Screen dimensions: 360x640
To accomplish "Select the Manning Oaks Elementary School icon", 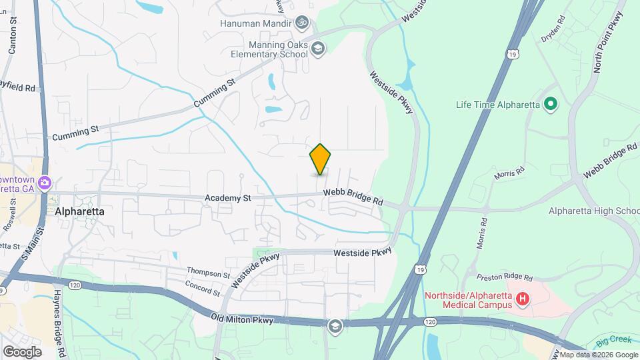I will [x=319, y=48].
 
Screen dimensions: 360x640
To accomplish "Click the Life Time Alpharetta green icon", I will [x=551, y=104].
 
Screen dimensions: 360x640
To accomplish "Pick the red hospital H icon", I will [x=523, y=301].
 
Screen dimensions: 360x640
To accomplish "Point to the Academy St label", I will [x=228, y=198].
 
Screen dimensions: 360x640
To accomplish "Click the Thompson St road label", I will [x=208, y=272].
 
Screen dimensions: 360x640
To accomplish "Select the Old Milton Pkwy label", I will [x=242, y=321].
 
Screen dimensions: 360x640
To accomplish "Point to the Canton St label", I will [x=12, y=36].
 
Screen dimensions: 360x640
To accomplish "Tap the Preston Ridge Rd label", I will [x=505, y=277].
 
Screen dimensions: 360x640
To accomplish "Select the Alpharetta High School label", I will [x=593, y=211].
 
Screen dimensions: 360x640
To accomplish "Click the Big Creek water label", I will [x=611, y=343].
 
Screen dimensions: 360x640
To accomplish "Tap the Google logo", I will [x=21, y=351].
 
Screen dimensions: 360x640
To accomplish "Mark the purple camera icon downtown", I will [x=45, y=183].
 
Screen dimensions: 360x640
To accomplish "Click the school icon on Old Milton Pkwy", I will [x=335, y=325].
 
